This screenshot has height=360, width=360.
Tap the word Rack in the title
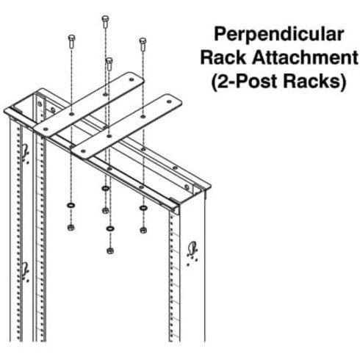click(x=231, y=57)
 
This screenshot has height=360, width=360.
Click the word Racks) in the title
click(x=316, y=81)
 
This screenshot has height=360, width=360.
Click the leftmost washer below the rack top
click(x=71, y=204)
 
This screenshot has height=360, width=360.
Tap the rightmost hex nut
click(x=143, y=229)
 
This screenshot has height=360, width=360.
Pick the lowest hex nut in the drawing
click(x=109, y=250)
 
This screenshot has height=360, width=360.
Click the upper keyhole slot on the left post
click(x=26, y=152)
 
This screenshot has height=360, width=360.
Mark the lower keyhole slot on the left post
click(x=26, y=268)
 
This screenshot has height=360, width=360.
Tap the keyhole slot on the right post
click(x=194, y=248)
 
